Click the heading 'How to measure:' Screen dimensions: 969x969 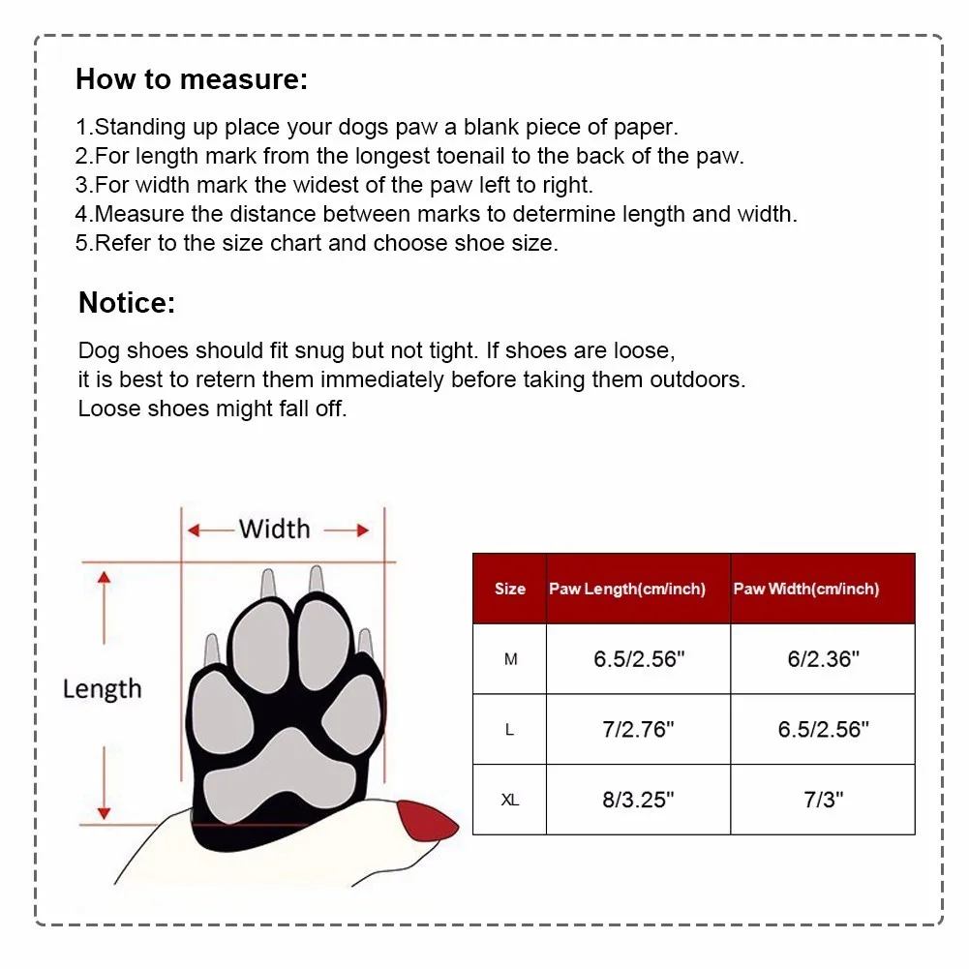[x=192, y=79]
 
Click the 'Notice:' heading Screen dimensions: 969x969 [x=127, y=303]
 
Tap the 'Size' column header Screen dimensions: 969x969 [x=510, y=589]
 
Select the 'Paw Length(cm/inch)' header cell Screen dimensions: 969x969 [x=627, y=589]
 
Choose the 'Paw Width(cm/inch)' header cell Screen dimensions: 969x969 [x=806, y=589]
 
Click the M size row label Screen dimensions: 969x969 [x=510, y=659]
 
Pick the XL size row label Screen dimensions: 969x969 [x=510, y=801]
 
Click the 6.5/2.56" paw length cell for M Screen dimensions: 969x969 [x=639, y=659]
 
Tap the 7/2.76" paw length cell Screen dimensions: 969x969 [x=639, y=730]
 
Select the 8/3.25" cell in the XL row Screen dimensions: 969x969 [x=639, y=801]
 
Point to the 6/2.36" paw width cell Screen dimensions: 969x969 [x=823, y=659]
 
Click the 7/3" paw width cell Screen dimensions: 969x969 [x=823, y=801]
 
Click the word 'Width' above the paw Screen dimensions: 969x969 [x=275, y=529]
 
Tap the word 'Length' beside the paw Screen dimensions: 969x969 [x=102, y=689]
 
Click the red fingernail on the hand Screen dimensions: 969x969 [x=428, y=821]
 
